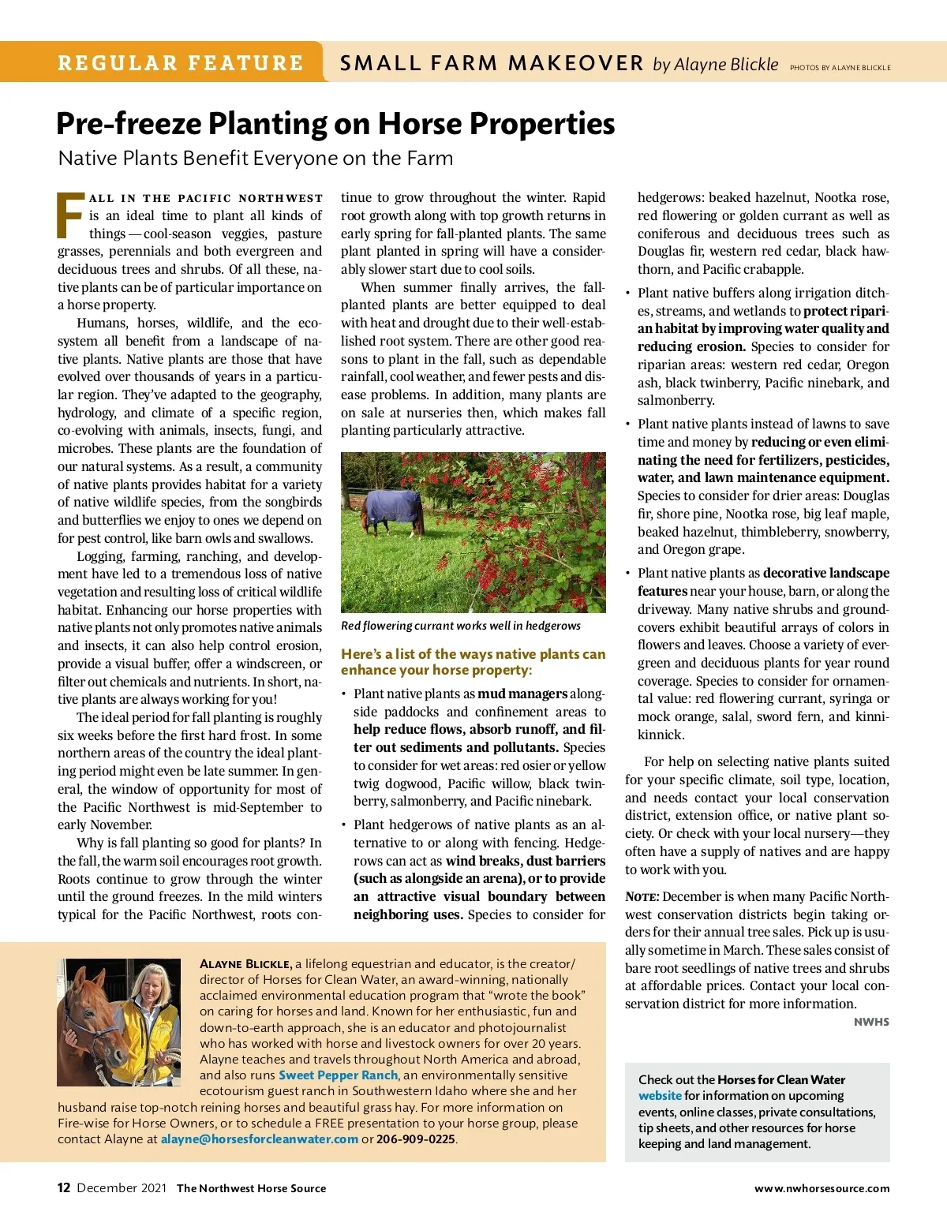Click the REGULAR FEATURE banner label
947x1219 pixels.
point(180,63)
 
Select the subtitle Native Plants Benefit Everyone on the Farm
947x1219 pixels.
point(256,159)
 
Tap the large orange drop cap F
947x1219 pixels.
point(71,215)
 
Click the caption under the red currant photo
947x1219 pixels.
point(460,626)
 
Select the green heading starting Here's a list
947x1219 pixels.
point(473,662)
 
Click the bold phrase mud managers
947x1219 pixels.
point(522,694)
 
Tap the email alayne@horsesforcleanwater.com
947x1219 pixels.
point(260,1139)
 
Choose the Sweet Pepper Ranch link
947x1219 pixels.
point(338,1075)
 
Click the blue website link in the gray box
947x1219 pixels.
point(660,1096)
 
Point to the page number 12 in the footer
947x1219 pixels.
point(64,1188)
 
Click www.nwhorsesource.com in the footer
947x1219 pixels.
point(822,1188)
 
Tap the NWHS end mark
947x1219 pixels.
point(871,1022)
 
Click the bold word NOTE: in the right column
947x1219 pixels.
point(642,897)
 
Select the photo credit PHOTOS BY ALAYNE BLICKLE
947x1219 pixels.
point(840,68)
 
